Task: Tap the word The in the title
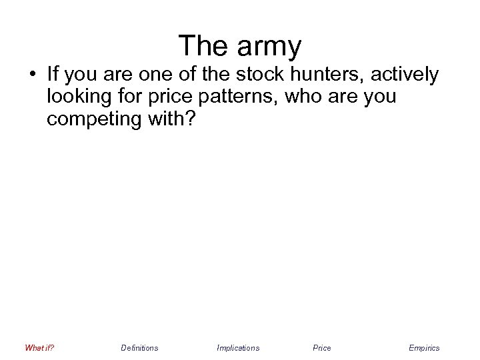pos(202,46)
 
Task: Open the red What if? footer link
pos(39,347)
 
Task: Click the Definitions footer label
pos(139,347)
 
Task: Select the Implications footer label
pos(238,347)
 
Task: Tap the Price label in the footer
pos(321,347)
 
